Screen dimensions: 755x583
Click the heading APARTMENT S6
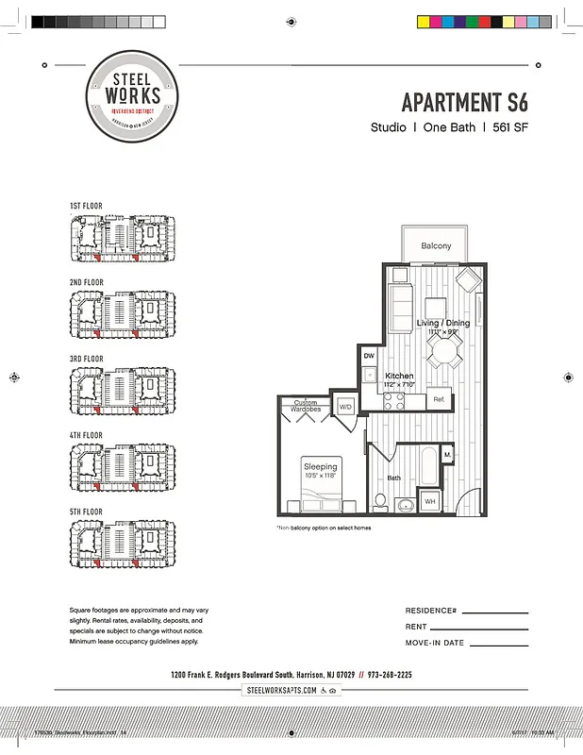pyautogui.click(x=464, y=102)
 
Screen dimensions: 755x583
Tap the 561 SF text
pyautogui.click(x=509, y=127)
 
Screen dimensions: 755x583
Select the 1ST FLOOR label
pyautogui.click(x=86, y=206)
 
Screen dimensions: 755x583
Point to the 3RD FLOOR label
pyautogui.click(x=86, y=360)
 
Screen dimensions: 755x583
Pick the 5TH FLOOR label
pyautogui.click(x=86, y=512)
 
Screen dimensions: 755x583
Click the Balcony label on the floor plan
pyautogui.click(x=436, y=246)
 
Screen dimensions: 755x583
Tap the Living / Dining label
pyautogui.click(x=441, y=324)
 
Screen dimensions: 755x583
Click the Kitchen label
pyautogui.click(x=399, y=376)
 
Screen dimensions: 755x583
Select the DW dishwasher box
pyautogui.click(x=370, y=356)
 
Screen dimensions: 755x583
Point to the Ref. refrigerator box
pyautogui.click(x=439, y=400)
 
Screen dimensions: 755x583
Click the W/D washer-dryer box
pyautogui.click(x=345, y=407)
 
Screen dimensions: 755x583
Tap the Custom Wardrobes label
pyautogui.click(x=305, y=407)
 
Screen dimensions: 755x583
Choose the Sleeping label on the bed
pyautogui.click(x=320, y=467)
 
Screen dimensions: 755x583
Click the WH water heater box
pyautogui.click(x=429, y=501)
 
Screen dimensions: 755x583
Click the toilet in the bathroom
pyautogui.click(x=381, y=500)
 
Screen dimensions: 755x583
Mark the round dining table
pyautogui.click(x=442, y=351)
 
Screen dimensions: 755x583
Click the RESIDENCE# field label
pyautogui.click(x=431, y=611)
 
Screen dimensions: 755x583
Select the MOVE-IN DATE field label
pyautogui.click(x=435, y=643)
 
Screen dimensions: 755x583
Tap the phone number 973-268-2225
pyautogui.click(x=389, y=675)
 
